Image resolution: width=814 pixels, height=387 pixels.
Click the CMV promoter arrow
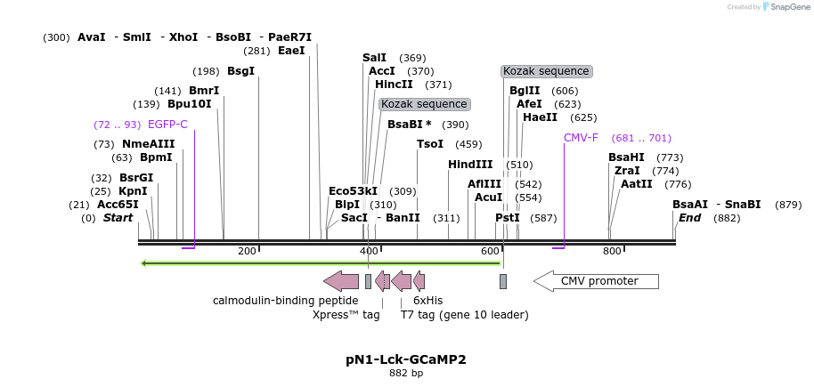point(597,281)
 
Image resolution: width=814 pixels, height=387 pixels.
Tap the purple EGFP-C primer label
point(167,125)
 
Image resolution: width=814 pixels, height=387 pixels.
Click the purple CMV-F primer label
point(581,138)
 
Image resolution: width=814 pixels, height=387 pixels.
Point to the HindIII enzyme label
point(469,165)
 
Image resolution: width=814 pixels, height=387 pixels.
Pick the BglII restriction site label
point(525,91)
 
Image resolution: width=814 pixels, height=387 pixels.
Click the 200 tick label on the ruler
point(247,251)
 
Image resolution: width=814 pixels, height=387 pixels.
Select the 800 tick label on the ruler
point(612,251)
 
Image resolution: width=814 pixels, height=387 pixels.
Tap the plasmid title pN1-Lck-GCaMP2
point(406,359)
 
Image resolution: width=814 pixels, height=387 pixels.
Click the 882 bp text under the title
point(406,374)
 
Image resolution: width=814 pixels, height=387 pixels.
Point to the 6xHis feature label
point(427,301)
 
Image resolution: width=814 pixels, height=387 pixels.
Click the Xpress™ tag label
point(346,315)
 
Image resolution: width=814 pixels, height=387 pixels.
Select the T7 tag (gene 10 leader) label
point(464,315)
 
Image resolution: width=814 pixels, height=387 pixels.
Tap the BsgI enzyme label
point(240,71)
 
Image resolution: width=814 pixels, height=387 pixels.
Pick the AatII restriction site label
point(637,184)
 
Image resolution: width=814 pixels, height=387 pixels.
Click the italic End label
point(689,218)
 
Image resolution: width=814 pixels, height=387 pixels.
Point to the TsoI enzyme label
point(430,144)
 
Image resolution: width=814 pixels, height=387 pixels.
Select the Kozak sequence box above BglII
point(546,71)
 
